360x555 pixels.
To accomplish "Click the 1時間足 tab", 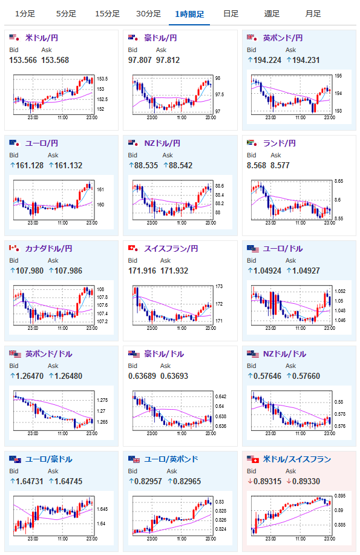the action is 189,14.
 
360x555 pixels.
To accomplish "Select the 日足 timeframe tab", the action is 231,14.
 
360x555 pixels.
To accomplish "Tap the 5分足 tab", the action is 66,14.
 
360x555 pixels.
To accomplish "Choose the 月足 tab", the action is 313,14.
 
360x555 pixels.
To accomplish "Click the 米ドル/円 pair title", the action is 42,38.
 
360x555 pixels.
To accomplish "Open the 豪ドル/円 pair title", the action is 160,38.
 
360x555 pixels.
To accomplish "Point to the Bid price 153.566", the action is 23,60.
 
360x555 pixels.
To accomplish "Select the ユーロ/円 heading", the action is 42,143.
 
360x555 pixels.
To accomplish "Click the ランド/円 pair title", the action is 280,143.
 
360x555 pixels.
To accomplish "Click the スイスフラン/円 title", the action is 171,249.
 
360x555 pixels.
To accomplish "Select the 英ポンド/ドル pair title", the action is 49,354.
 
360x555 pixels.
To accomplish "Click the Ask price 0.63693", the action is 174,376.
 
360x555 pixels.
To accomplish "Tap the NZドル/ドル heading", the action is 284,354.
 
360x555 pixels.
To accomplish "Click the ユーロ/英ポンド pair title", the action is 171,459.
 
